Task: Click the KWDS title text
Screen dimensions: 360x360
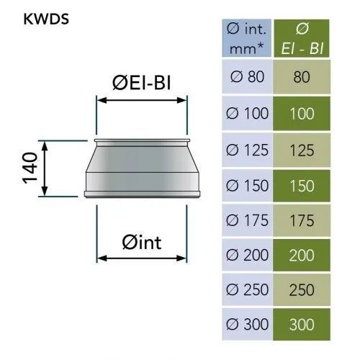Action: (x=46, y=19)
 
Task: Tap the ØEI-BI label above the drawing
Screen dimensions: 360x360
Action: (x=142, y=83)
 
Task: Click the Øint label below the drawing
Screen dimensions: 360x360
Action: (x=142, y=243)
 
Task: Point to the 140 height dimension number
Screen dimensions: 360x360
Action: (x=30, y=168)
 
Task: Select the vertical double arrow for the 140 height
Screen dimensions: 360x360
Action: (x=45, y=168)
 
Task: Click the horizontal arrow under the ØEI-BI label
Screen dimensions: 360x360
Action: (x=142, y=100)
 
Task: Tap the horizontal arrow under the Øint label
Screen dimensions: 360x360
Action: (x=142, y=258)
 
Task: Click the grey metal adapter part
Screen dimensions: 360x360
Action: (x=142, y=168)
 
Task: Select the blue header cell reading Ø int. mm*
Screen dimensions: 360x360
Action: (x=246, y=38)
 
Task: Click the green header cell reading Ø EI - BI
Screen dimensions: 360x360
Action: (x=302, y=38)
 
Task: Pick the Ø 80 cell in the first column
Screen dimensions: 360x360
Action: (x=247, y=77)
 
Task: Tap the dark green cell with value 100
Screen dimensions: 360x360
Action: (x=302, y=114)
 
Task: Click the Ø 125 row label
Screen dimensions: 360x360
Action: (x=247, y=150)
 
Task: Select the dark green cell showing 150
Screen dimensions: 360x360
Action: (x=302, y=186)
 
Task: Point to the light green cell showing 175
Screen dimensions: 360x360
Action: (x=302, y=220)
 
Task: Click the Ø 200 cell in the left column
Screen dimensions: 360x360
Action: (x=247, y=255)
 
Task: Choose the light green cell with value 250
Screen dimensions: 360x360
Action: (x=302, y=290)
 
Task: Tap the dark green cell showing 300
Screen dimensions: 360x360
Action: (x=302, y=325)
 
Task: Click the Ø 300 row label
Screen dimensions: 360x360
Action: (x=247, y=325)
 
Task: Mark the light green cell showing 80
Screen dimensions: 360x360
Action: (x=302, y=77)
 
